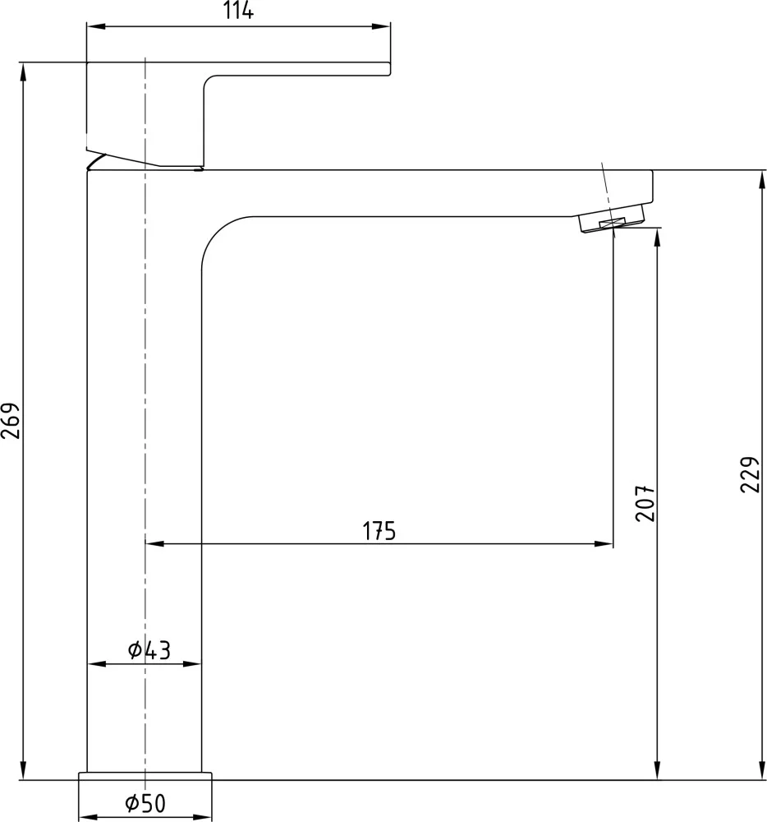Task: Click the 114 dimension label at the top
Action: coord(239,11)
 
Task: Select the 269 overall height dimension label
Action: coord(11,420)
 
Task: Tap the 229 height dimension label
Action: coord(750,474)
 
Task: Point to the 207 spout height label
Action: coord(645,503)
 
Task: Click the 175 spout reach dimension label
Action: coord(379,531)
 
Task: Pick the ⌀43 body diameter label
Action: coord(149,650)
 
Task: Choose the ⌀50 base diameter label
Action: coord(145,802)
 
